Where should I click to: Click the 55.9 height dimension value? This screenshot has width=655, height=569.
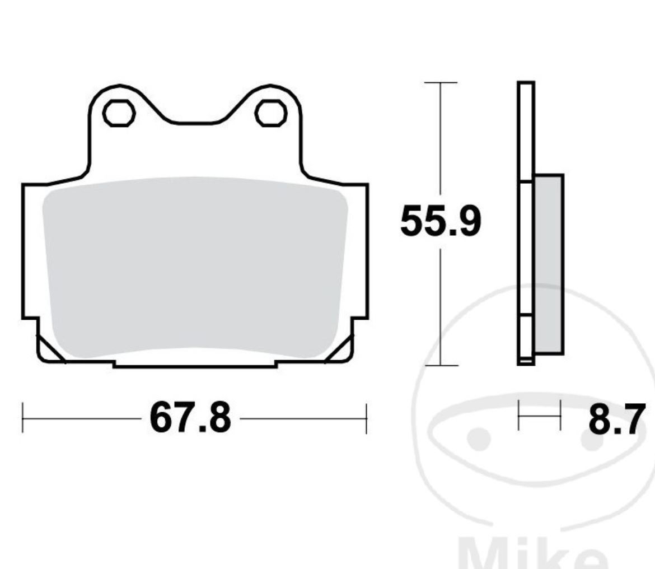(440, 222)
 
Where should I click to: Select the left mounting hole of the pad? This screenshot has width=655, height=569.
(119, 113)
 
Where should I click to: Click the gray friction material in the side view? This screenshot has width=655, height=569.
(549, 263)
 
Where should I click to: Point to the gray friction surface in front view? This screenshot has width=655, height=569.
(195, 266)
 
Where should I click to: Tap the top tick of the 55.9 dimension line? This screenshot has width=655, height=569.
(441, 83)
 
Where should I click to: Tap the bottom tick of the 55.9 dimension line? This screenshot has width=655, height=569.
(441, 366)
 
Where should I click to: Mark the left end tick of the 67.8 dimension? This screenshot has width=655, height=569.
(22, 418)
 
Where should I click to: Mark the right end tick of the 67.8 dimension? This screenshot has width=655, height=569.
(366, 418)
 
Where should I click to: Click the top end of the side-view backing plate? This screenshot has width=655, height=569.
(526, 84)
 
